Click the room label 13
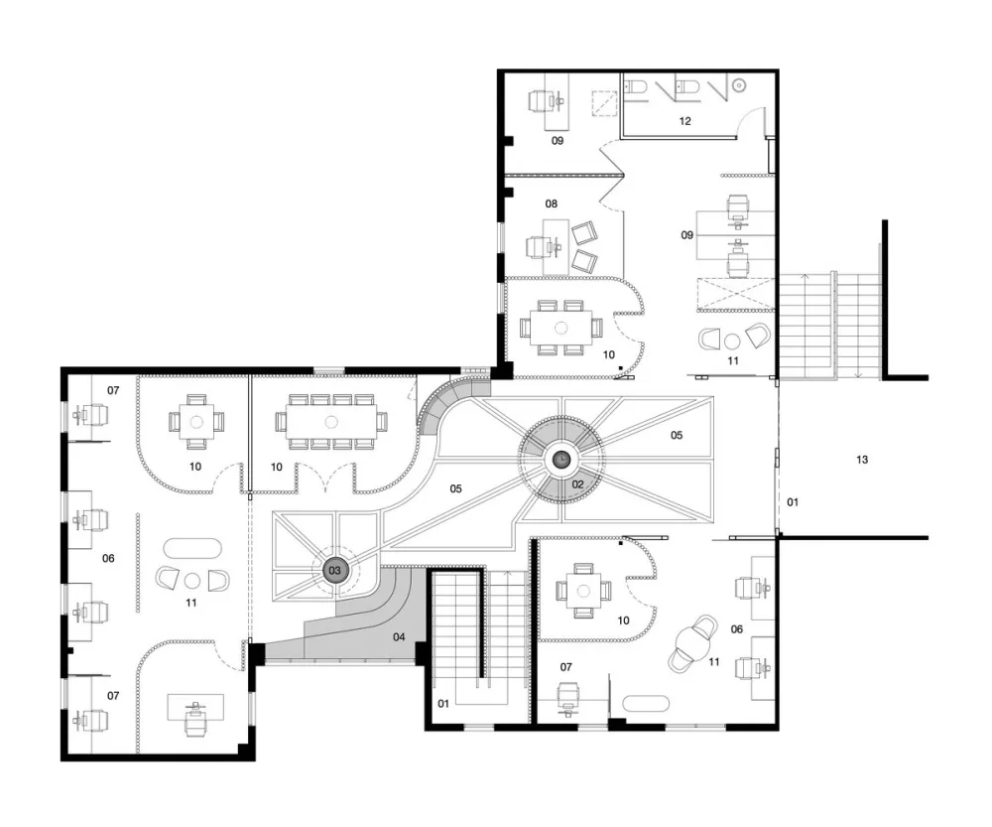click(x=862, y=460)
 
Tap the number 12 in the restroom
click(x=684, y=120)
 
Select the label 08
click(x=551, y=204)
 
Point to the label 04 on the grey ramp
click(x=400, y=635)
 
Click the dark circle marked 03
click(x=335, y=570)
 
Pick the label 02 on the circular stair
click(x=577, y=483)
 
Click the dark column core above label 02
click(x=561, y=459)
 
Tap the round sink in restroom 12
click(x=740, y=87)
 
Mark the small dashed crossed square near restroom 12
click(x=606, y=102)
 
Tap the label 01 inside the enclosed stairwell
click(x=443, y=704)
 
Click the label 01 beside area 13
click(x=792, y=501)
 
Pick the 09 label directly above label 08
click(x=558, y=141)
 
